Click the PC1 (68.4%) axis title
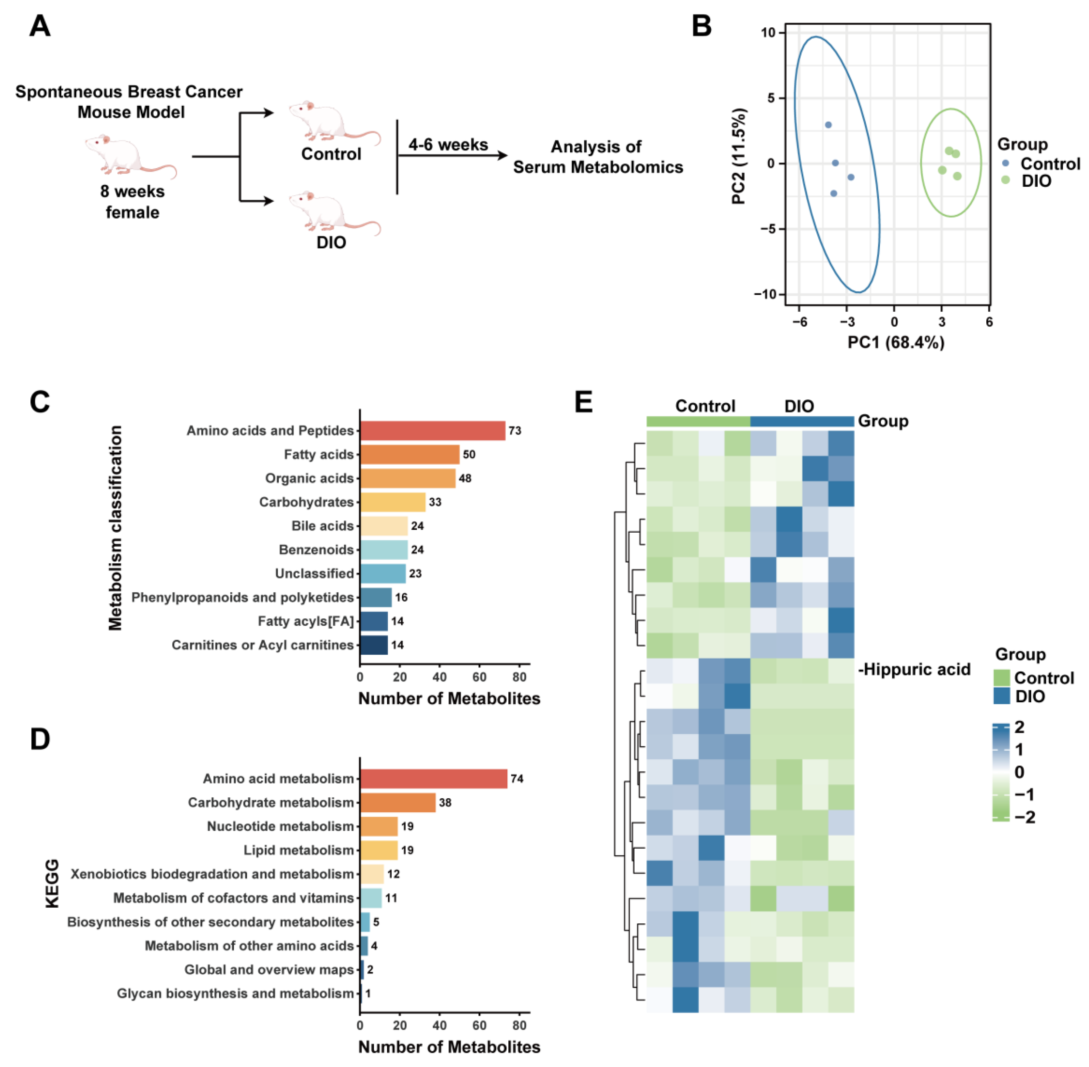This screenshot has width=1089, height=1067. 896,343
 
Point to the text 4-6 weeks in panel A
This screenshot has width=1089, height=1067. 448,145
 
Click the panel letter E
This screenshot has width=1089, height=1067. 584,402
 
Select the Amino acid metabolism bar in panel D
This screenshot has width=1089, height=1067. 433,778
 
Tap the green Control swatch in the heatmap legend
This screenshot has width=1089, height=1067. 1001,678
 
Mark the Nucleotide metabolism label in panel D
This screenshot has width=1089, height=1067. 281,826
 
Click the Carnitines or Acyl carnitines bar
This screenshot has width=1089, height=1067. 374,645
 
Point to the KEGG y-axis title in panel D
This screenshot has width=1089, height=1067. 52,884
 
